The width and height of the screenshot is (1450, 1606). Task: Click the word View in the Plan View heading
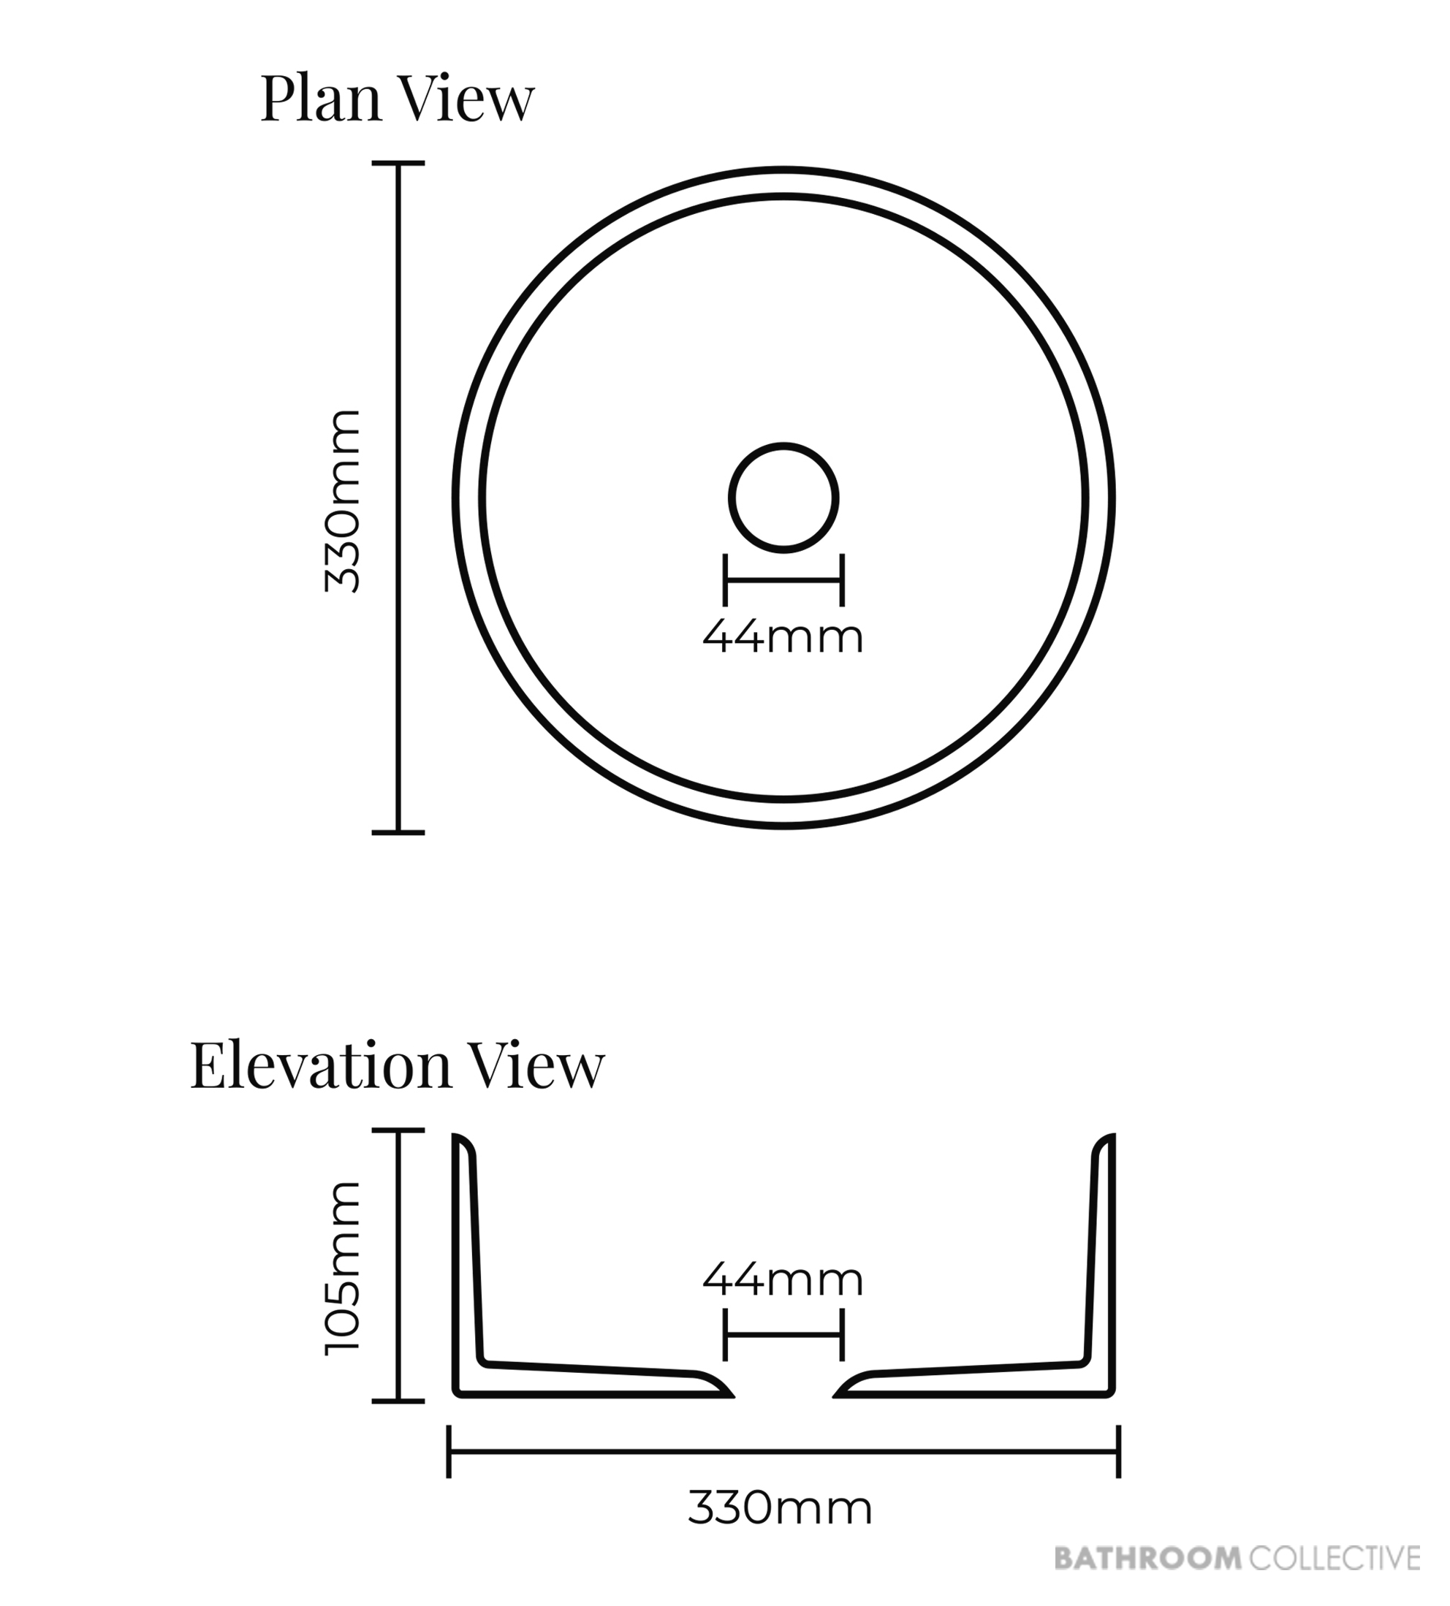[465, 99]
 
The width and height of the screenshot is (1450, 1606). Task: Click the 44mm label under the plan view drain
[783, 637]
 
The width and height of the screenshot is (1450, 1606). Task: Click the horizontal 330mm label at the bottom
[781, 1509]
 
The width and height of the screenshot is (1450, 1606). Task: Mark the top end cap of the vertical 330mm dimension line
[398, 164]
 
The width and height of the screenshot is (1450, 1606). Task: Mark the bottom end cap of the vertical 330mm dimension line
[398, 832]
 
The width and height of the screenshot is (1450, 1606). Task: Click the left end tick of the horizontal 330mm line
[449, 1451]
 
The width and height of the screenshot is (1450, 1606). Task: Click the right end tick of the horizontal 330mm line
[1120, 1451]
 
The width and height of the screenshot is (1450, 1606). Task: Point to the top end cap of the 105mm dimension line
[398, 1130]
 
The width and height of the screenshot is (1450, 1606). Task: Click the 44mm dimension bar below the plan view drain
[784, 580]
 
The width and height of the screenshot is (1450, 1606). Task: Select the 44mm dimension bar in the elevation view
[784, 1334]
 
